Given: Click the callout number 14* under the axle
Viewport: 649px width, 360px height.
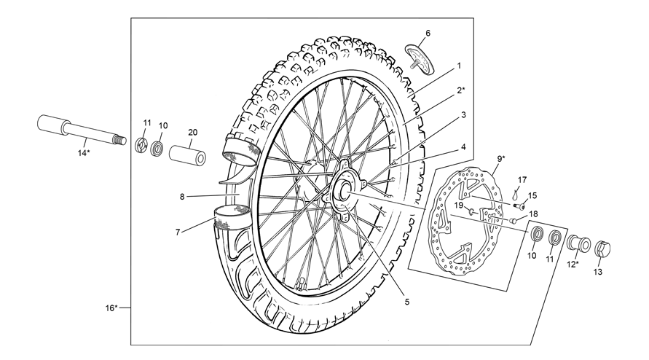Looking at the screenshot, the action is [84, 153].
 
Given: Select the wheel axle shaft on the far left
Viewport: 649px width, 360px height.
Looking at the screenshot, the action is [81, 129].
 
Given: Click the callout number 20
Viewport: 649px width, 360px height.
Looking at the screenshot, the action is [192, 133].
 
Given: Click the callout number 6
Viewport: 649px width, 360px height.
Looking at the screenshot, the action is [428, 33].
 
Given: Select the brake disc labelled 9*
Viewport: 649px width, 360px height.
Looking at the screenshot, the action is [466, 219].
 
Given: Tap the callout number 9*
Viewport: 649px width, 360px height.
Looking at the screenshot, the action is [501, 158].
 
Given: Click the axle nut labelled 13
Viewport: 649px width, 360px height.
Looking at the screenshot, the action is [602, 249].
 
